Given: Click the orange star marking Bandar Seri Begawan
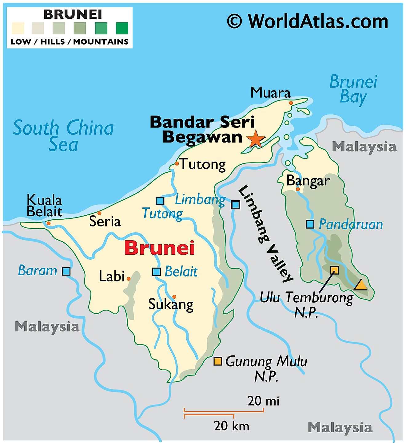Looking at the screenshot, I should tap(256, 139).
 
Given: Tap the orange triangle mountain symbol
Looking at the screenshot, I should tap(360, 285).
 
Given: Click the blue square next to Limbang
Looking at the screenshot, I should tap(235, 205).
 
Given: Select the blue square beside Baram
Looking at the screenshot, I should tap(66, 271).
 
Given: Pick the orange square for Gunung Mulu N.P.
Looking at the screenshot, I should tap(218, 361).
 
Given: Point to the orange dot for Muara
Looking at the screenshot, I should tap(291, 103).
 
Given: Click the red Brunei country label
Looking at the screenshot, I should tap(159, 248).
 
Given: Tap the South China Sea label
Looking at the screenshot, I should tap(63, 135).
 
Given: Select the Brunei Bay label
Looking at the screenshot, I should tap(353, 89).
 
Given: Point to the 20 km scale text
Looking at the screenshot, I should tap(231, 426).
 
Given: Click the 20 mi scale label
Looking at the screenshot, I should tap(263, 401).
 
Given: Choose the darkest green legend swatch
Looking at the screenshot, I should tap(122, 28).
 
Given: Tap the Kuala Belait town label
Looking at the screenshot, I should tap(44, 206).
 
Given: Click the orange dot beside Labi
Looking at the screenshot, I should tap(129, 279).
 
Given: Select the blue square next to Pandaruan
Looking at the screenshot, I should tap(310, 224).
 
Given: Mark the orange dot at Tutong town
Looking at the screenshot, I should tap(177, 163).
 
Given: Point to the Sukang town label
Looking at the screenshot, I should tap(171, 304).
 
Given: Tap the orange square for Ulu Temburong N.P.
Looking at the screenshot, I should tap(334, 270).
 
